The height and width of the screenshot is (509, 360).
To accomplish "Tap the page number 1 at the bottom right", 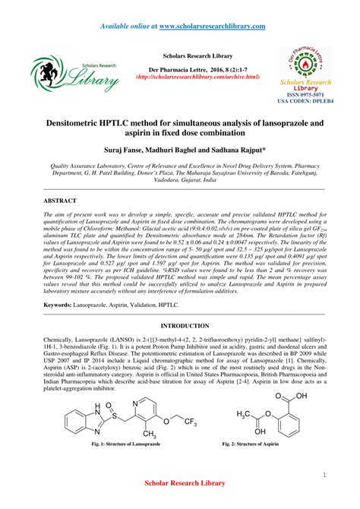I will coord(324,476).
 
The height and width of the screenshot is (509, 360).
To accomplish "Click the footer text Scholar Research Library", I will coord(180,503).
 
